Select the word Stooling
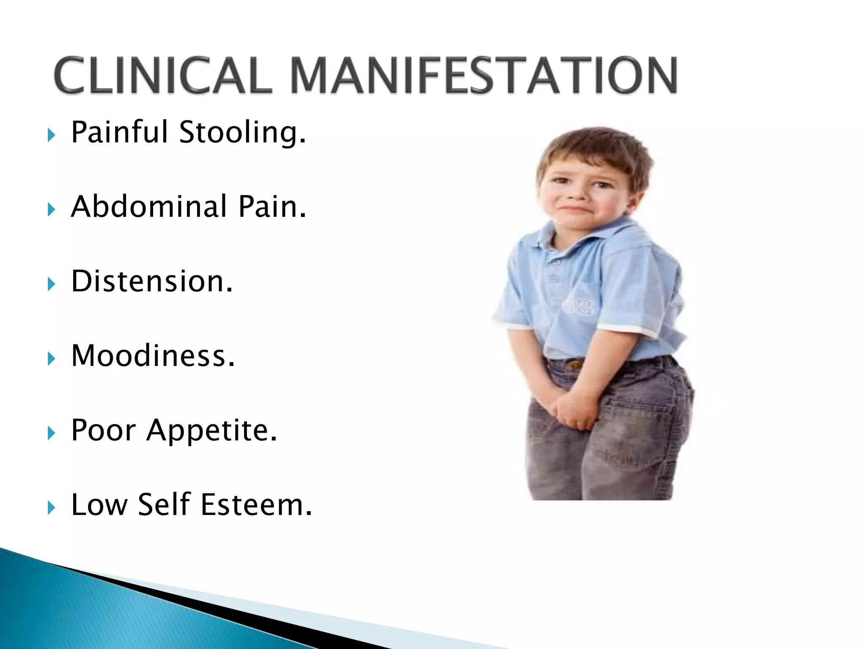click(x=242, y=133)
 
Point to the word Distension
click(x=152, y=281)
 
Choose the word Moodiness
click(x=153, y=356)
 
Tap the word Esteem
click(x=256, y=505)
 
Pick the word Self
click(x=164, y=504)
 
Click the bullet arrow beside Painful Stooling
click(x=52, y=135)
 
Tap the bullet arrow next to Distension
click(x=52, y=284)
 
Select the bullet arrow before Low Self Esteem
click(x=52, y=507)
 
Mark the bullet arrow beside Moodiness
click(x=52, y=359)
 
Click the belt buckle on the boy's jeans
click(x=575, y=364)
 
